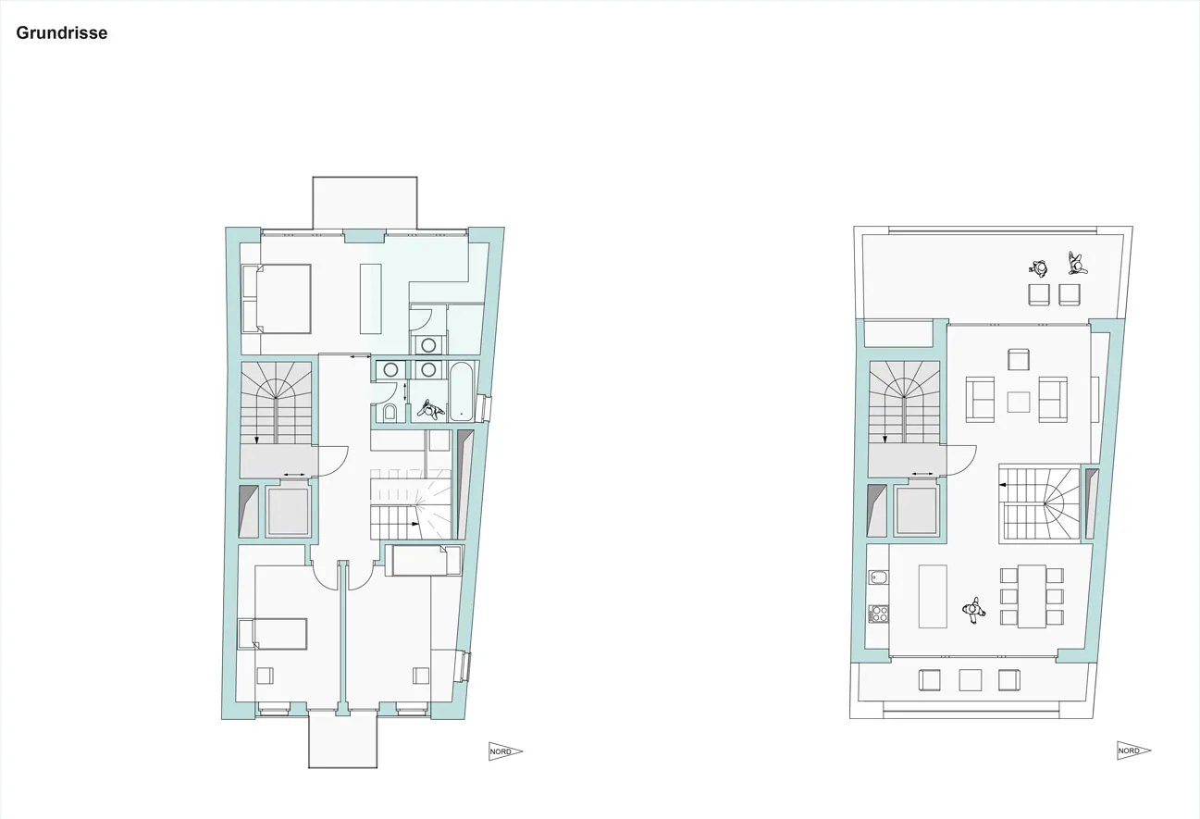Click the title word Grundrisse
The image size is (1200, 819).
tap(62, 33)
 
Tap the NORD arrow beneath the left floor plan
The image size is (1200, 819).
tap(505, 751)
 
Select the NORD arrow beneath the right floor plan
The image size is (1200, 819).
tap(1133, 751)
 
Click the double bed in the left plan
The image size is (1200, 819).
tap(277, 299)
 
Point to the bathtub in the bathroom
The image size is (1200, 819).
tap(462, 391)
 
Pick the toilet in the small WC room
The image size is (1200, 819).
tap(390, 412)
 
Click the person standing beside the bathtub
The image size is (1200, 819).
tap(431, 410)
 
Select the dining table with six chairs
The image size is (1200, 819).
tap(1032, 596)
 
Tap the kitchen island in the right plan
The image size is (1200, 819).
tap(933, 596)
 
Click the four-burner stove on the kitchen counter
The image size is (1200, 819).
tap(878, 614)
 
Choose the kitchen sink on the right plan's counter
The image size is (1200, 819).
tap(878, 577)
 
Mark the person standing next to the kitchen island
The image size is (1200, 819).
tap(974, 611)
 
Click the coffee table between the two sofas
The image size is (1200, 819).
tap(1018, 402)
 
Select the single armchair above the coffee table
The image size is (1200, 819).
tap(1018, 359)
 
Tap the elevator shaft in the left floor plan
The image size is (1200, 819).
tap(289, 510)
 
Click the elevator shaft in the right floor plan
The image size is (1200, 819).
tap(917, 510)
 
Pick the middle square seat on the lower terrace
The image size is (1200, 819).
tap(971, 680)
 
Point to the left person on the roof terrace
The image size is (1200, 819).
tap(1039, 268)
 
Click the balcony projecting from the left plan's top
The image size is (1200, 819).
tap(365, 204)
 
